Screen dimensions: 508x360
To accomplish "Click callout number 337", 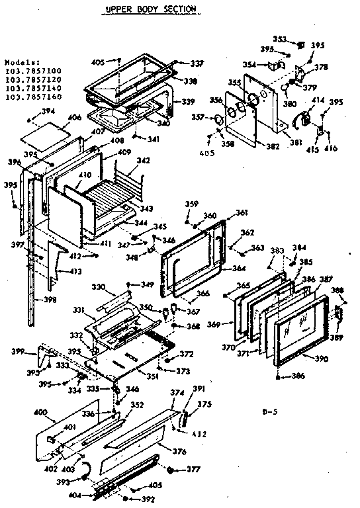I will (197, 63).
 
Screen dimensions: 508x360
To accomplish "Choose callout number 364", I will (240, 269).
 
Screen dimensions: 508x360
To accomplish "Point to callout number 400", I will (40, 412).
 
